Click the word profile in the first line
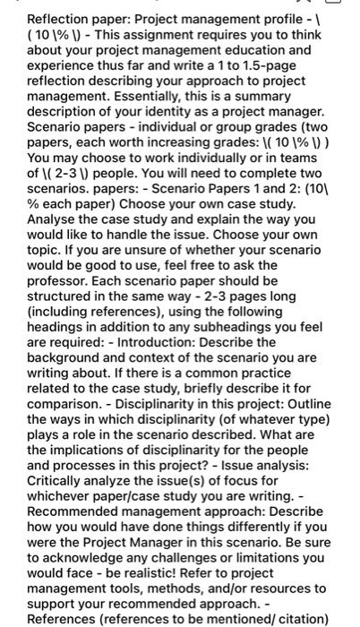click(x=299, y=18)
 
